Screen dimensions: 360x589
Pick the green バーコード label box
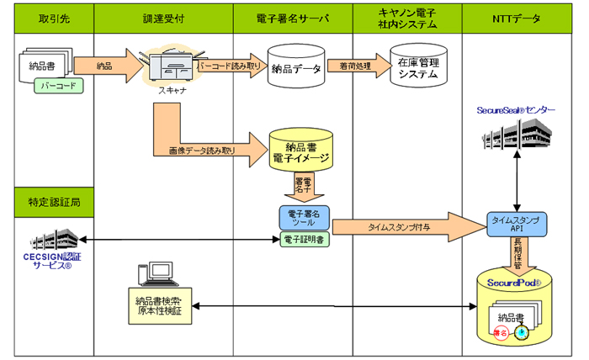59,85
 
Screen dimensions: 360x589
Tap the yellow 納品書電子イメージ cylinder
300,150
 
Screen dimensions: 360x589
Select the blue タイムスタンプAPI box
515,223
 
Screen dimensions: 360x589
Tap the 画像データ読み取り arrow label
202,151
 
